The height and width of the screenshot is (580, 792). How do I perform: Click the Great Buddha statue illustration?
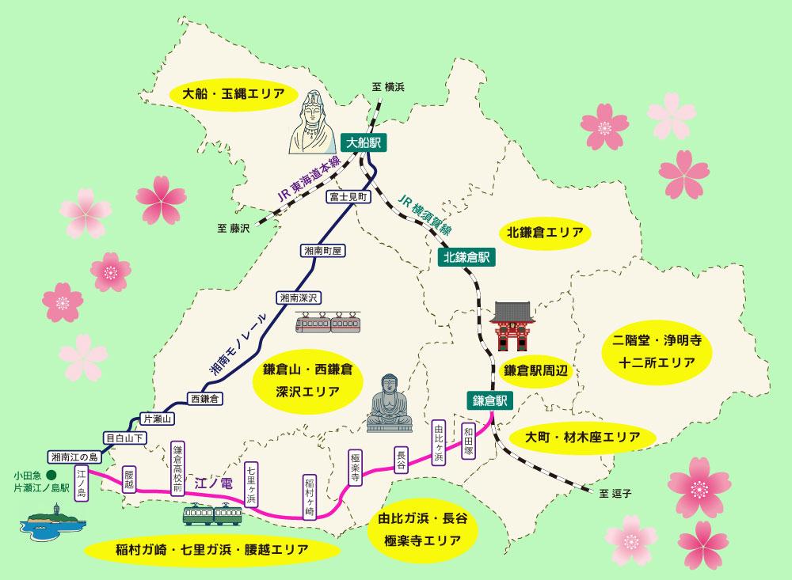pos(390,404)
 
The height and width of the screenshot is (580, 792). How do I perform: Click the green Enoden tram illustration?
pos(210,515)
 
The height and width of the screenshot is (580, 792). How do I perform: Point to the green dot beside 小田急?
pos(51,475)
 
